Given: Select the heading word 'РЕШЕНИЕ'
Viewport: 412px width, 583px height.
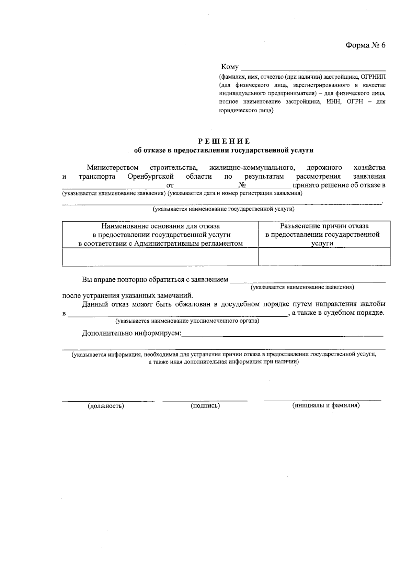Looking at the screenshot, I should (x=224, y=141).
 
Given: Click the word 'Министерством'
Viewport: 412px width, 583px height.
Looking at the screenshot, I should (x=113, y=168).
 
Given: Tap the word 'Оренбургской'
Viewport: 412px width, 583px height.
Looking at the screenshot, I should (x=150, y=177).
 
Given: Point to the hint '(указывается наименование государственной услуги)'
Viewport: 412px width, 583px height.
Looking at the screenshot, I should (x=224, y=209).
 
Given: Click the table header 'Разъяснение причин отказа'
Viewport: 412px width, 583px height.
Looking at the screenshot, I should (x=324, y=226).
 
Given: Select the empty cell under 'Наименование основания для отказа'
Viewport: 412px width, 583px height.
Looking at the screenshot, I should (x=160, y=257).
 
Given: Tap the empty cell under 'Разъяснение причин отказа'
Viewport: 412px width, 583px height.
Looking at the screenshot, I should (x=324, y=257).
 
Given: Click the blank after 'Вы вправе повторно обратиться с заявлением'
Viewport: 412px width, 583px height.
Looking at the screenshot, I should (x=307, y=280).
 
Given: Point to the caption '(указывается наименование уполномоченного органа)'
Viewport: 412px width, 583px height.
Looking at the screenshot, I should (x=187, y=321).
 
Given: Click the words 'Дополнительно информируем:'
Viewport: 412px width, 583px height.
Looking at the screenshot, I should (x=131, y=333).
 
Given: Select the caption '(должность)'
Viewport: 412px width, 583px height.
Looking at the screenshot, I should (x=106, y=406).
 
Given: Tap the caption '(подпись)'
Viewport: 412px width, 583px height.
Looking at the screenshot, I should (x=205, y=406).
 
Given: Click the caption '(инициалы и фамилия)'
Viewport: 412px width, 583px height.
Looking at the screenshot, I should (x=326, y=405).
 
